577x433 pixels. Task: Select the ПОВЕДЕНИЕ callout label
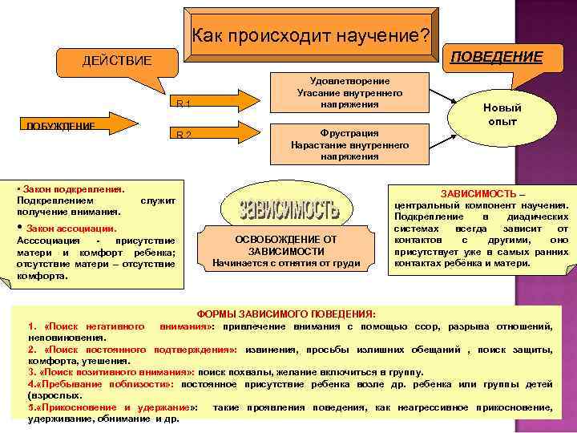497,56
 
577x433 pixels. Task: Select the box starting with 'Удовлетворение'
349,93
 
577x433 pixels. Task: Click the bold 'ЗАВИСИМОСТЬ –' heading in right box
483,194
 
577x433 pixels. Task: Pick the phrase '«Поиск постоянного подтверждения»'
136,350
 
